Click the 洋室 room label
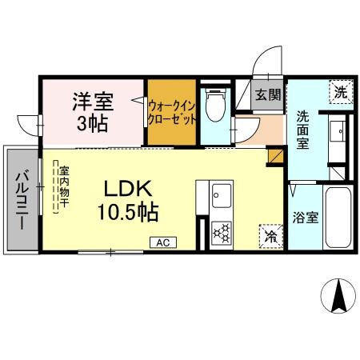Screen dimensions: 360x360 [x=94, y=102]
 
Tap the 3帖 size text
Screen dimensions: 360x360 [x=94, y=125]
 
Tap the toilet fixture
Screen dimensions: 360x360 [x=214, y=106]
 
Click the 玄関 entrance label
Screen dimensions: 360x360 [x=268, y=94]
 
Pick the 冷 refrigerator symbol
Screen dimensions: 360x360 [x=270, y=237]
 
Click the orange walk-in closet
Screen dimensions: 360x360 [x=171, y=113]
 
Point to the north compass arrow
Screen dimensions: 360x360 [x=338, y=298]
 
